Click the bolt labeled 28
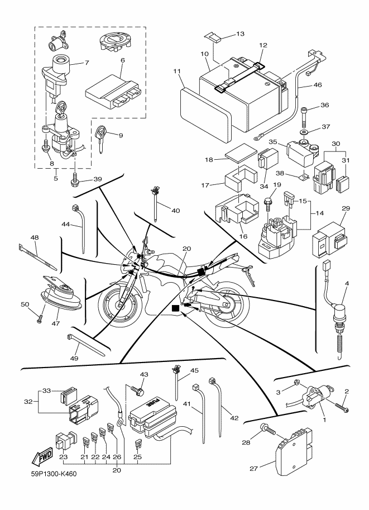point(267,431)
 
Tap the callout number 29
point(346,208)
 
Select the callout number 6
point(122,60)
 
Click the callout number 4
point(347,284)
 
